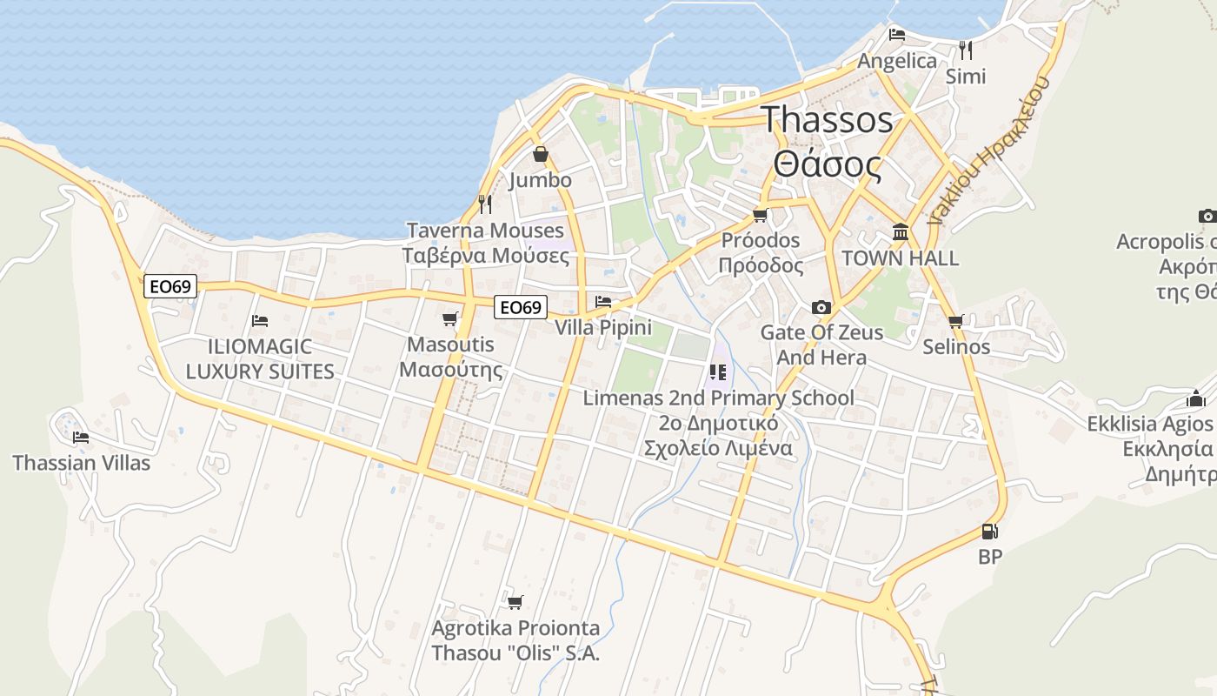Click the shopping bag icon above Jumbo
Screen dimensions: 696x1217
541,154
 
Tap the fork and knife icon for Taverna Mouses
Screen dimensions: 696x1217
485,204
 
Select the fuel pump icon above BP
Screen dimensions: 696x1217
989,531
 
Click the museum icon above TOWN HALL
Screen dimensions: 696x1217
901,232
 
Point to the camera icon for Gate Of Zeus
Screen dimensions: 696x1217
821,307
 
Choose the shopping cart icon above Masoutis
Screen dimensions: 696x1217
449,318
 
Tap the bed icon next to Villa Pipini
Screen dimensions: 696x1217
603,302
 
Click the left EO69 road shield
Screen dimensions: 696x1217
170,286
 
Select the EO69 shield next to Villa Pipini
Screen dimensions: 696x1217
521,306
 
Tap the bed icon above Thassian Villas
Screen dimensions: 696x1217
81,437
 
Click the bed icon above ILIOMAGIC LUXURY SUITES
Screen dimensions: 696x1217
259,320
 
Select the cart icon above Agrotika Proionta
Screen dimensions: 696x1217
515,601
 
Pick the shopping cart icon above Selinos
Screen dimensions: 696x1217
956,321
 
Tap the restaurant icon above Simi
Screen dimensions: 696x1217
965,50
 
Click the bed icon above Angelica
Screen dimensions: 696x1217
897,35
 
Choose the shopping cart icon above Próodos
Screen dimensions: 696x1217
761,214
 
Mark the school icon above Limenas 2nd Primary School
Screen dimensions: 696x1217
718,372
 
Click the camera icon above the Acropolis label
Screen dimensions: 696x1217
1207,216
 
